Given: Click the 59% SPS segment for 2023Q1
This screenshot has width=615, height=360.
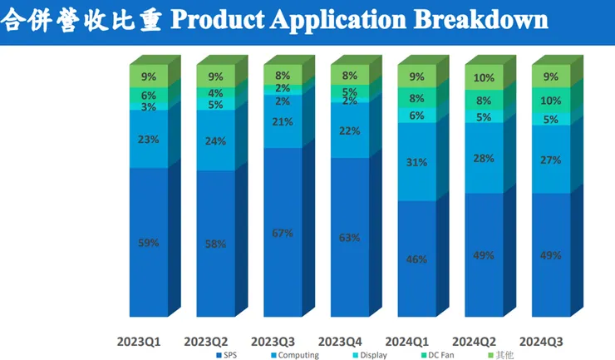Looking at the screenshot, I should pyautogui.click(x=149, y=243).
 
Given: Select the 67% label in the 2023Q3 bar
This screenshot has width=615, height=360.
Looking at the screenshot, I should pyautogui.click(x=283, y=233).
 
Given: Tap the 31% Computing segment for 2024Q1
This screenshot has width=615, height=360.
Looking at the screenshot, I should pyautogui.click(x=417, y=162).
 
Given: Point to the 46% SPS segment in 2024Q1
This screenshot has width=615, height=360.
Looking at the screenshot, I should pyautogui.click(x=417, y=259).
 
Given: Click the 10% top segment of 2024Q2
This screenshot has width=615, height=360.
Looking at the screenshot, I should pyautogui.click(x=485, y=78).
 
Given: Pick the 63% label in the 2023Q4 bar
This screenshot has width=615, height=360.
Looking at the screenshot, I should pyautogui.click(x=350, y=238).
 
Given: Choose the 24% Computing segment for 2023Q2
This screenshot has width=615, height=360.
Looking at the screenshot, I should pyautogui.click(x=215, y=140).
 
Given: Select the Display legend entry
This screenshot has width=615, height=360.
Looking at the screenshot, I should pyautogui.click(x=367, y=355).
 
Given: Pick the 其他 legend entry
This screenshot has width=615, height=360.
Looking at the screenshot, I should pyautogui.click(x=501, y=355).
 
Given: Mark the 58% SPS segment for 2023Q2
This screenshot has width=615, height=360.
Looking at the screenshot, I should pyautogui.click(x=215, y=244).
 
